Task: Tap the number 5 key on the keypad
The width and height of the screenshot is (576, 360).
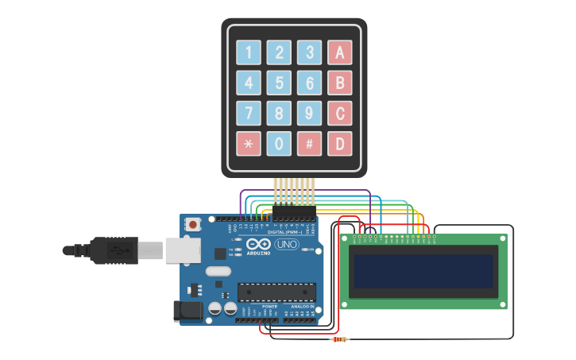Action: tap(279, 83)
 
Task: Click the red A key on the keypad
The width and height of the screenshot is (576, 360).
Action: tap(339, 52)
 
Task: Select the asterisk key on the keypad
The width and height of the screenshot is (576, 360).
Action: tap(249, 144)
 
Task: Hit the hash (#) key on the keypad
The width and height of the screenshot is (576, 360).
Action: tap(309, 144)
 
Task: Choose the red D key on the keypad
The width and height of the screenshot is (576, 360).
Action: tap(339, 144)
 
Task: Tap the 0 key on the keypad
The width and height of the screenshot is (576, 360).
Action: tap(279, 144)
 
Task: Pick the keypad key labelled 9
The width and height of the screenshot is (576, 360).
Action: tap(309, 113)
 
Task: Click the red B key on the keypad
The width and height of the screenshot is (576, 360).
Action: tap(339, 83)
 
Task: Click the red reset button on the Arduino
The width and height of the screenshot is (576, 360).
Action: tap(193, 225)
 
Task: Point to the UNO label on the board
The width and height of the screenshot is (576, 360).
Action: tap(287, 244)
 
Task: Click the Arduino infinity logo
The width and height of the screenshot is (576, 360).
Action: tap(258, 245)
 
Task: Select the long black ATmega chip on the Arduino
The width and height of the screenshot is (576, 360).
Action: tap(276, 292)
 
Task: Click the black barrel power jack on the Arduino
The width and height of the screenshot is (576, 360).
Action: tap(187, 310)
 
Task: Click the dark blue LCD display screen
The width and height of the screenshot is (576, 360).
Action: tap(423, 272)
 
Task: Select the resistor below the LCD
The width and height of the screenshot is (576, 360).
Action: tap(339, 339)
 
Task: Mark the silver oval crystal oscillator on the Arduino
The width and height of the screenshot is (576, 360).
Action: tap(218, 272)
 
